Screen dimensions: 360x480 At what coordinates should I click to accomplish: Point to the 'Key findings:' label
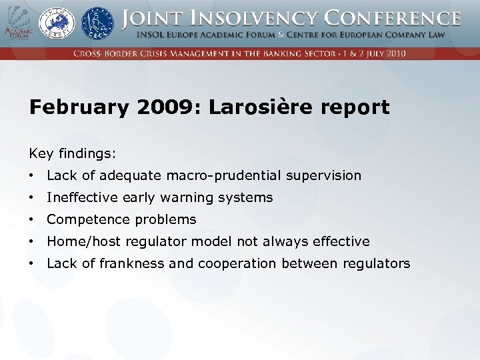(72, 154)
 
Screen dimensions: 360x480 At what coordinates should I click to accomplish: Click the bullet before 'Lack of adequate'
(32, 176)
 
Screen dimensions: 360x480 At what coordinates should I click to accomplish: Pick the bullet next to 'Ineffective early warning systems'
(32, 198)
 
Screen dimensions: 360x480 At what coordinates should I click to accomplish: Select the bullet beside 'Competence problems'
(32, 220)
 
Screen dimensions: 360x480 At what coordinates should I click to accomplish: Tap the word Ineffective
(83, 198)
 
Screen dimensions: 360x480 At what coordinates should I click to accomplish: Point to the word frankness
(132, 263)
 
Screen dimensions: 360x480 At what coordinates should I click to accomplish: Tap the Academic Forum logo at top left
(17, 24)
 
